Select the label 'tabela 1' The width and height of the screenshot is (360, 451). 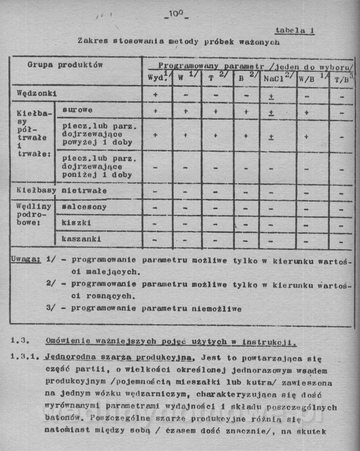pyautogui.click(x=295, y=31)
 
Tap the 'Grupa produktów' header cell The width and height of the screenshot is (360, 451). pyautogui.click(x=65, y=65)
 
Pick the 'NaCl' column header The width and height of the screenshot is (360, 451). pyautogui.click(x=274, y=78)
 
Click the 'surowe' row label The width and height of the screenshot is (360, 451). pyautogui.click(x=77, y=110)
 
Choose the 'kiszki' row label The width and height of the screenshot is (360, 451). pyautogui.click(x=76, y=223)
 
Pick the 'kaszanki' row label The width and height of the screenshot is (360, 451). pyautogui.click(x=81, y=239)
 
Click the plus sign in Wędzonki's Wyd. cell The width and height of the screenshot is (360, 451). pyautogui.click(x=155, y=95)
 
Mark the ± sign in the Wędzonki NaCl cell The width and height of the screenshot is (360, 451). pyautogui.click(x=271, y=96)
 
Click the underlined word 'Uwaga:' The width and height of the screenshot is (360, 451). pyautogui.click(x=26, y=260)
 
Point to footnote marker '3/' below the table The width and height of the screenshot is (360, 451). pyautogui.click(x=51, y=308)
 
